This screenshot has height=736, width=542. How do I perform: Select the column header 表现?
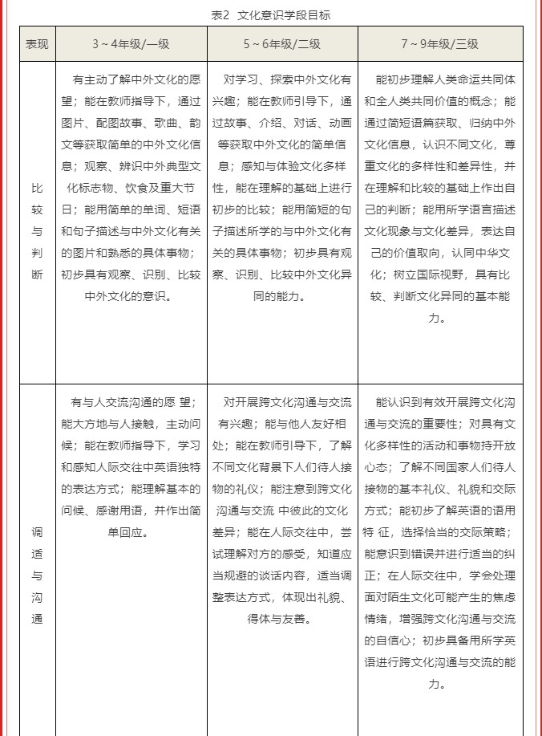pyautogui.click(x=37, y=44)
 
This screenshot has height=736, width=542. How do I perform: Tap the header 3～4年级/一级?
pyautogui.click(x=131, y=44)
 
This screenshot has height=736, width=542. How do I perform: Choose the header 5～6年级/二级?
pyautogui.click(x=282, y=44)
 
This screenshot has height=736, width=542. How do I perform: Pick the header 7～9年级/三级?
pyautogui.click(x=440, y=44)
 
